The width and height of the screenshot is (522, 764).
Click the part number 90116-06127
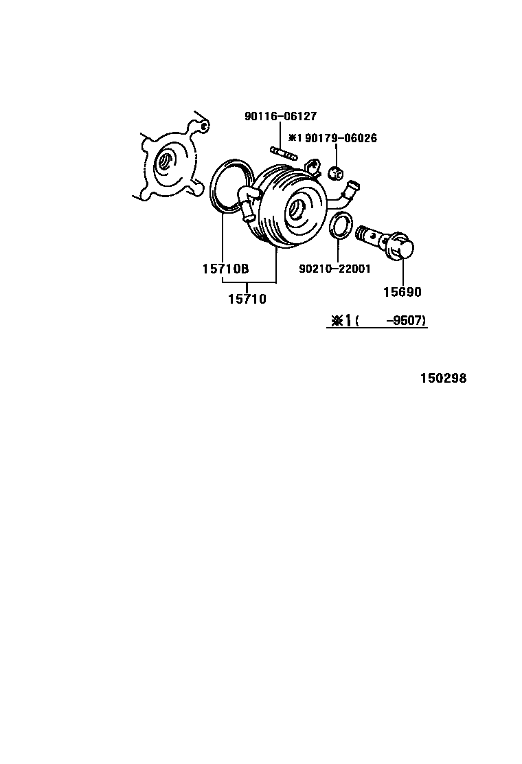point(280,117)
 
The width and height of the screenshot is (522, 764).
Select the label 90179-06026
point(341,138)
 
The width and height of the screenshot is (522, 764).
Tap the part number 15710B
point(225,269)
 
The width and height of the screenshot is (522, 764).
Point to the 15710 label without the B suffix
point(247,299)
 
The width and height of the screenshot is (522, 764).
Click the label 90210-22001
point(334,269)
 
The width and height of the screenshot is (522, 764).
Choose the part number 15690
point(402,292)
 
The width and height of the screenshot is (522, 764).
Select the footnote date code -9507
point(405,321)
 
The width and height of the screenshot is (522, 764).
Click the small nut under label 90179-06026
point(336,172)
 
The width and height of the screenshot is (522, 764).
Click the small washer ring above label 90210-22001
point(340,226)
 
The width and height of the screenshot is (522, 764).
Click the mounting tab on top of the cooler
point(312,166)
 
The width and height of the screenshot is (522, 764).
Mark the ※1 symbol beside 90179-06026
point(293,138)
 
